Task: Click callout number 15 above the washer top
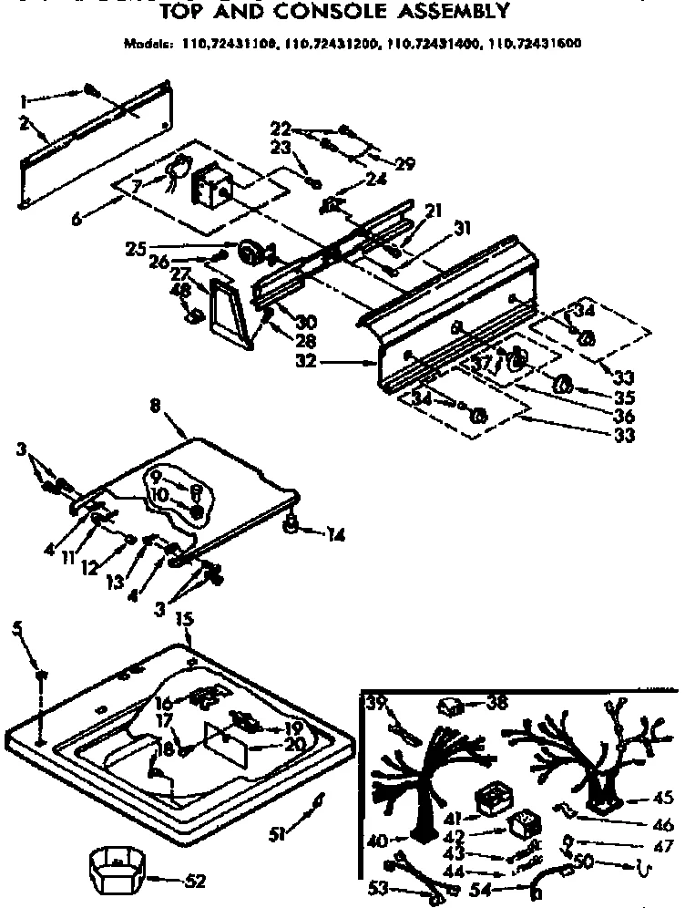point(183,620)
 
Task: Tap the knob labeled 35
point(563,384)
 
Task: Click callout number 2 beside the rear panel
point(25,121)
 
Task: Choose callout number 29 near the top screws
point(404,165)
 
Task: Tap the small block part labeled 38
point(448,705)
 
